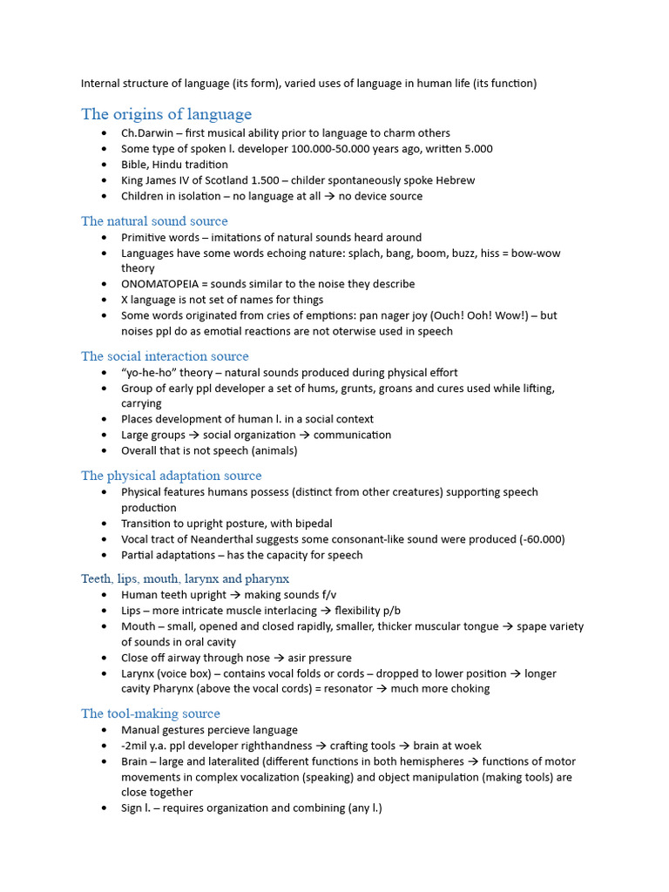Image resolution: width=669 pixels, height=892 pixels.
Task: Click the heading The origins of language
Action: point(166,114)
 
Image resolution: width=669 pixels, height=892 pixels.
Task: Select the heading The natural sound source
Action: point(154,221)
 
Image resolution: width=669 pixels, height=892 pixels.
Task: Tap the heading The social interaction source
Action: point(165,356)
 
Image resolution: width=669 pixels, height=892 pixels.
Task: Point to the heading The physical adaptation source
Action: point(171,476)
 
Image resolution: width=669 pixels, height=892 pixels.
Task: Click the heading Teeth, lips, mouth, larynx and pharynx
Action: point(185,578)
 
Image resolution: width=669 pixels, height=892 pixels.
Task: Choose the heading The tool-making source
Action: point(151,713)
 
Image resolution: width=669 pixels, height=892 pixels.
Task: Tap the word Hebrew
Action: point(455,180)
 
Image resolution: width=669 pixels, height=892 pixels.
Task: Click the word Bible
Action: point(134,165)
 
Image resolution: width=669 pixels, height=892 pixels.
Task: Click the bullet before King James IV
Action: point(105,181)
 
